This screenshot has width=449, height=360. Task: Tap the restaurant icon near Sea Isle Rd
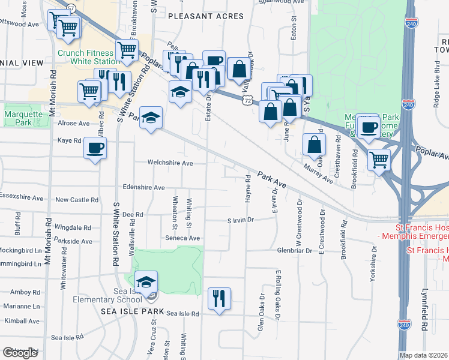point(219,298)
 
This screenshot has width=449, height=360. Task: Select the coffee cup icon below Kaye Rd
point(95,148)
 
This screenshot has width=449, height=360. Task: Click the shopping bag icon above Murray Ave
point(315,144)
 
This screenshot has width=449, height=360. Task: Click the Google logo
point(20,353)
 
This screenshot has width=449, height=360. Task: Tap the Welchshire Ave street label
point(171,163)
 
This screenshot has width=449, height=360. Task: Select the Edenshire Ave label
point(143,187)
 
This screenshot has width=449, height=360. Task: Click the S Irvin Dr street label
point(241,220)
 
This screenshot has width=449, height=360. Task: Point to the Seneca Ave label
point(182,238)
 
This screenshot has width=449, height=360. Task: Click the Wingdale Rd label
point(73,228)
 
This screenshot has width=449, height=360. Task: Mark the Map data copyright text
point(424,355)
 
